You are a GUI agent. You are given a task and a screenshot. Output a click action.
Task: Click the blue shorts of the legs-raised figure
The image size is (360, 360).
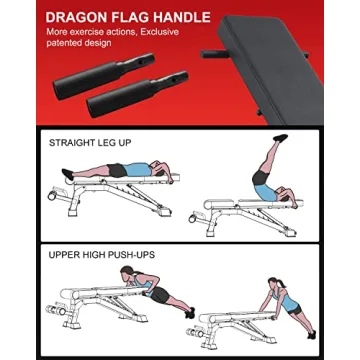coord(263,187)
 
